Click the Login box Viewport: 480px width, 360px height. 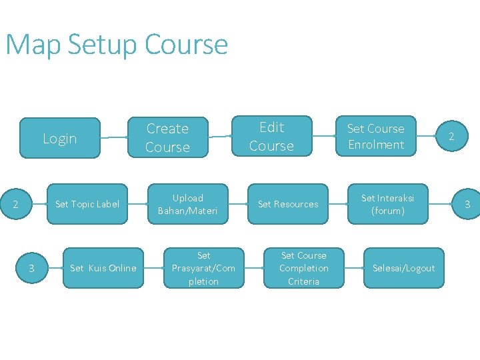(x=60, y=138)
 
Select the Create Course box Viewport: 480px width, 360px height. (x=167, y=137)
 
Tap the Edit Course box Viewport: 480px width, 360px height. (x=271, y=136)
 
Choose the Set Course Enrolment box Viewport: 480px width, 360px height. (x=375, y=136)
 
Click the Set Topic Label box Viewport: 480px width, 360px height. (x=87, y=204)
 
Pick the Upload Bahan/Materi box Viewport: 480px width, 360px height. (x=187, y=204)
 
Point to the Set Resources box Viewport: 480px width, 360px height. (x=288, y=204)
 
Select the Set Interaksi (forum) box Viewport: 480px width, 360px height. (x=387, y=204)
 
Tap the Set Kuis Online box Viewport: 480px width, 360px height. (x=103, y=268)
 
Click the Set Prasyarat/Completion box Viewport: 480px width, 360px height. (x=203, y=268)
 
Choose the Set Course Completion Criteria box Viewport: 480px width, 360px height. (x=303, y=268)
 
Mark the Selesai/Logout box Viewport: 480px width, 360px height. (x=403, y=268)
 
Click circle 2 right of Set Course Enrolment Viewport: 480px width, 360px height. (x=451, y=137)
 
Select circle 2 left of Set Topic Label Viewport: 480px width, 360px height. (x=16, y=204)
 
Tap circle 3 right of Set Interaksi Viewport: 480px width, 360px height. (x=467, y=204)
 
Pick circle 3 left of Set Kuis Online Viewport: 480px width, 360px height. (x=31, y=268)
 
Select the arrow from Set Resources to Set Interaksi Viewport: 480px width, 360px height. (x=337, y=204)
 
